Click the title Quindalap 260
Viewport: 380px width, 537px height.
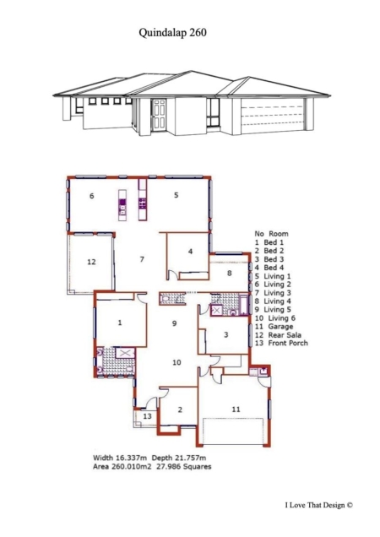click(x=173, y=33)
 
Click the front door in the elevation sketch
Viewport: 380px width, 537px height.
click(x=159, y=115)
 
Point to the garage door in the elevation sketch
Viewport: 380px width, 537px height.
click(x=273, y=117)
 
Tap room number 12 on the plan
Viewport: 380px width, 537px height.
click(x=91, y=262)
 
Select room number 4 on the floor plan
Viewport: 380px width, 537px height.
click(x=191, y=252)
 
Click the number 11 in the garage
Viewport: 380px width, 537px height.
click(x=236, y=410)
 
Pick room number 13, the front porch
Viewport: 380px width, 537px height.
click(x=147, y=416)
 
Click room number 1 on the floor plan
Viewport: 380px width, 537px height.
click(x=120, y=323)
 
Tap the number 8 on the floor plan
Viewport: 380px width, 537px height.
click(x=230, y=273)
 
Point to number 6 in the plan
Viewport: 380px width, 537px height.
click(x=91, y=196)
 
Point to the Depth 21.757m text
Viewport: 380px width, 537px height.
click(x=179, y=458)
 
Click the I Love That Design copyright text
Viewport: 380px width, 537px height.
click(x=318, y=505)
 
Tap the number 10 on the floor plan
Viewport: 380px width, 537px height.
click(x=176, y=362)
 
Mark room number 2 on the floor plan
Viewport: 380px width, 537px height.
click(x=180, y=410)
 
